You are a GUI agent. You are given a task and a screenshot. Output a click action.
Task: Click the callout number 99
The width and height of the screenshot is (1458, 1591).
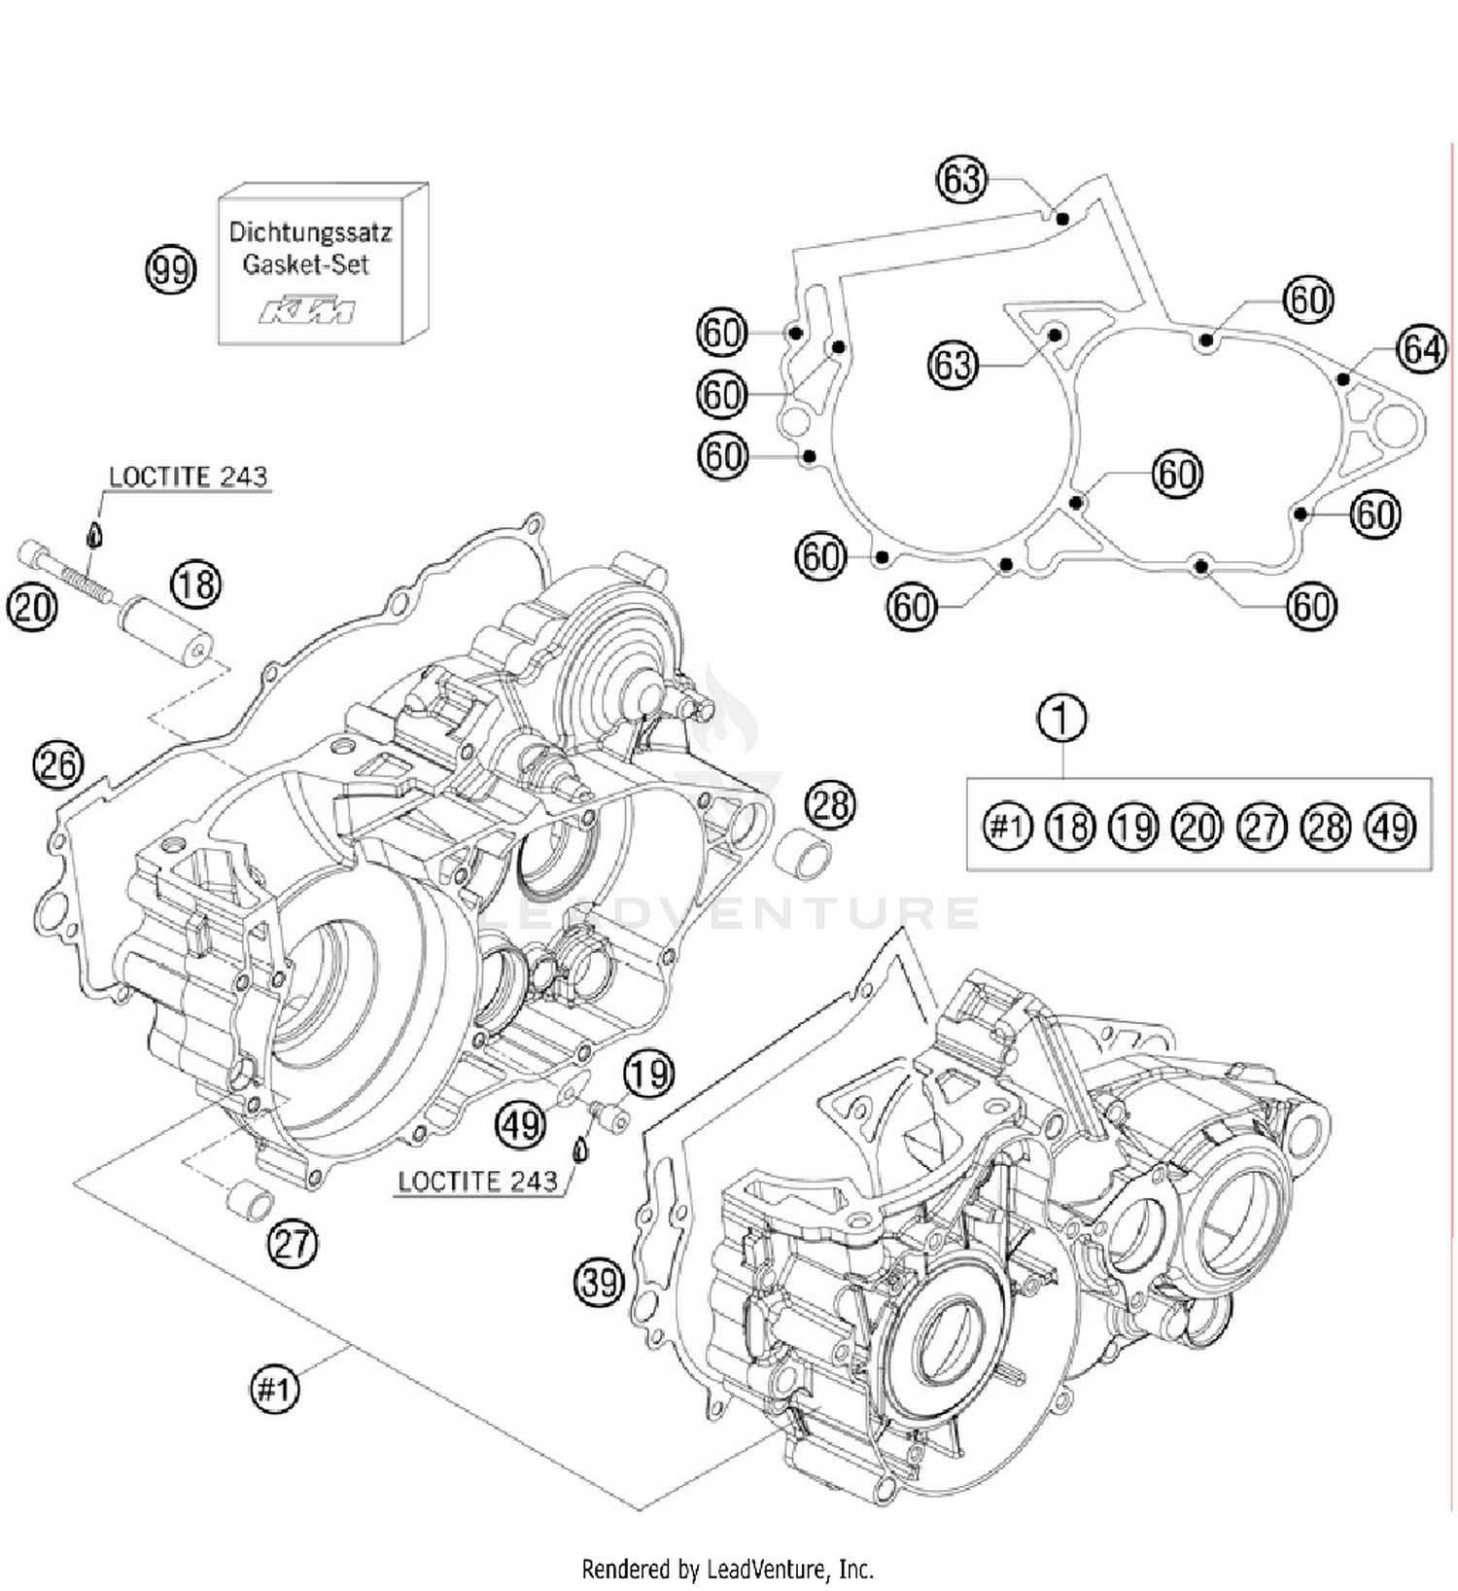pos(170,269)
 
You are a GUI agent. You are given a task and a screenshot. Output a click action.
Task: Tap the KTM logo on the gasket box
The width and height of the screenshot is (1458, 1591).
pos(307,311)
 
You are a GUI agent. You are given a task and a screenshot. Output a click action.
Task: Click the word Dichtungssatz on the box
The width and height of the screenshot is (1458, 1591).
pos(310,233)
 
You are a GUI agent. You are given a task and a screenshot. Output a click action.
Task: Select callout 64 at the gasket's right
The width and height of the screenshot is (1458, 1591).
pos(1421,348)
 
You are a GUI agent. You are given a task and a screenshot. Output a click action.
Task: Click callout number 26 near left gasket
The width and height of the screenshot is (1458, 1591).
pos(57,764)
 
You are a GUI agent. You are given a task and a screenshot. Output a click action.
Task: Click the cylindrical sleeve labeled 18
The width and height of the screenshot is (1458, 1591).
pos(164,631)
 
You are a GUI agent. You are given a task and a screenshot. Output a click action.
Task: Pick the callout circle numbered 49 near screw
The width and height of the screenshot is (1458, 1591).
pos(521,1125)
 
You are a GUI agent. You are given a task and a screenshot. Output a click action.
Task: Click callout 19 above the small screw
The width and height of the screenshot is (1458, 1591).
pos(648,1074)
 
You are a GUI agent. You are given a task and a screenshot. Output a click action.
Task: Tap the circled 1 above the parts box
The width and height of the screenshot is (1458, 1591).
pos(1062,719)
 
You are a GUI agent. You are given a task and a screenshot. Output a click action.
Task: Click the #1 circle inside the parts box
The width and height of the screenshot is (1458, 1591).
pos(1006,827)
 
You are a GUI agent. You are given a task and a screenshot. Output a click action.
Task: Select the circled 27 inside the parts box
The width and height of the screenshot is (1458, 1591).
pos(1262,827)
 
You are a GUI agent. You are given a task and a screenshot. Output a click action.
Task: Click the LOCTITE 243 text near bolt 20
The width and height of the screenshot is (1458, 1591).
pos(188,477)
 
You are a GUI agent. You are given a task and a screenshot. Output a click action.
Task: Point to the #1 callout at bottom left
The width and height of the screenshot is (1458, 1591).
pos(274,1389)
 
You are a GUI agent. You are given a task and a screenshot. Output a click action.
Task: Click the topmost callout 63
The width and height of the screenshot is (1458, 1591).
pos(961,180)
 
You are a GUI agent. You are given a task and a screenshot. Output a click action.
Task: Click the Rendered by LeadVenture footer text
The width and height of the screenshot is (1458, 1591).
pos(727,1569)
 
